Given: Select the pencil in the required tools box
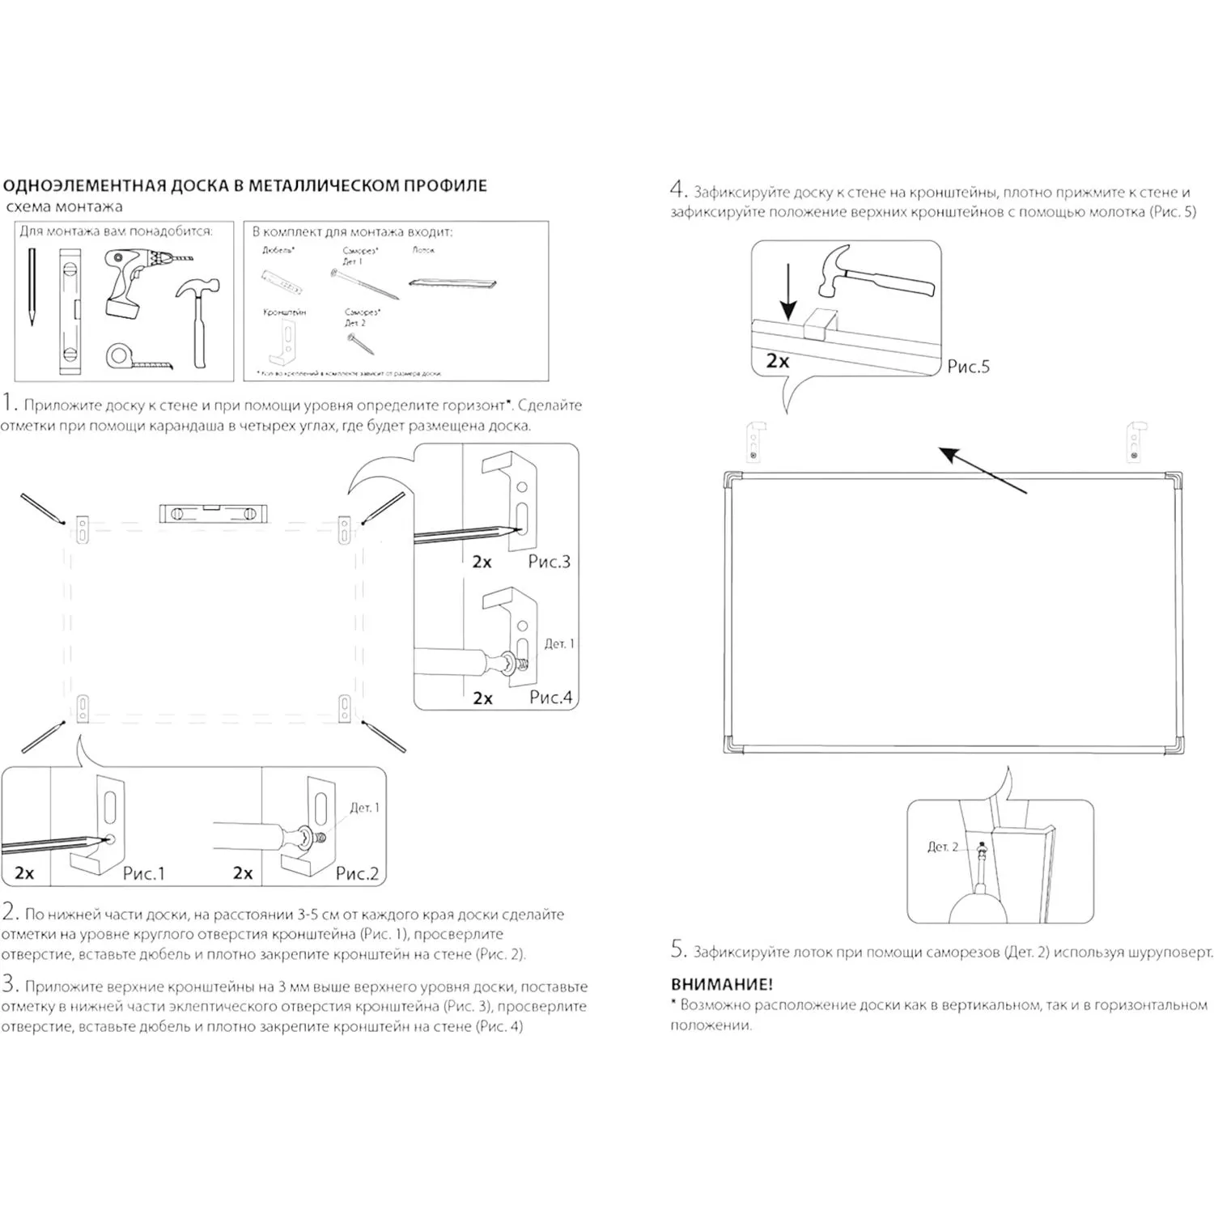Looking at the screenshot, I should coord(32,287).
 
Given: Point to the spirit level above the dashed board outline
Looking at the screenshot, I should coord(213,513).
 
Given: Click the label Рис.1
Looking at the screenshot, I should coord(143,873).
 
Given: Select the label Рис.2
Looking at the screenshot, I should coord(357,873).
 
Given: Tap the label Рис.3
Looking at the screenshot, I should coord(549,562).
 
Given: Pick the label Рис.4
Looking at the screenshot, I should coord(550,697).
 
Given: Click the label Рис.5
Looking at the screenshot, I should coord(968,367).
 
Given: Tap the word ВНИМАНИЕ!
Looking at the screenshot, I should coord(721,985).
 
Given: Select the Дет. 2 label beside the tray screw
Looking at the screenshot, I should coord(942,847).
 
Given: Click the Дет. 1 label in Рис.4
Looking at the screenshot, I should coord(558,644).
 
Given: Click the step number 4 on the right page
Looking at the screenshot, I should coord(678,190).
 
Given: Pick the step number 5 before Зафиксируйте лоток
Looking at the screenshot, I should coord(678,949).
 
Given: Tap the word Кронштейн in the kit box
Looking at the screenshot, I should coord(284,312).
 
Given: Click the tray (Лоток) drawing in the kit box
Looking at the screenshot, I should coord(452,283).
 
